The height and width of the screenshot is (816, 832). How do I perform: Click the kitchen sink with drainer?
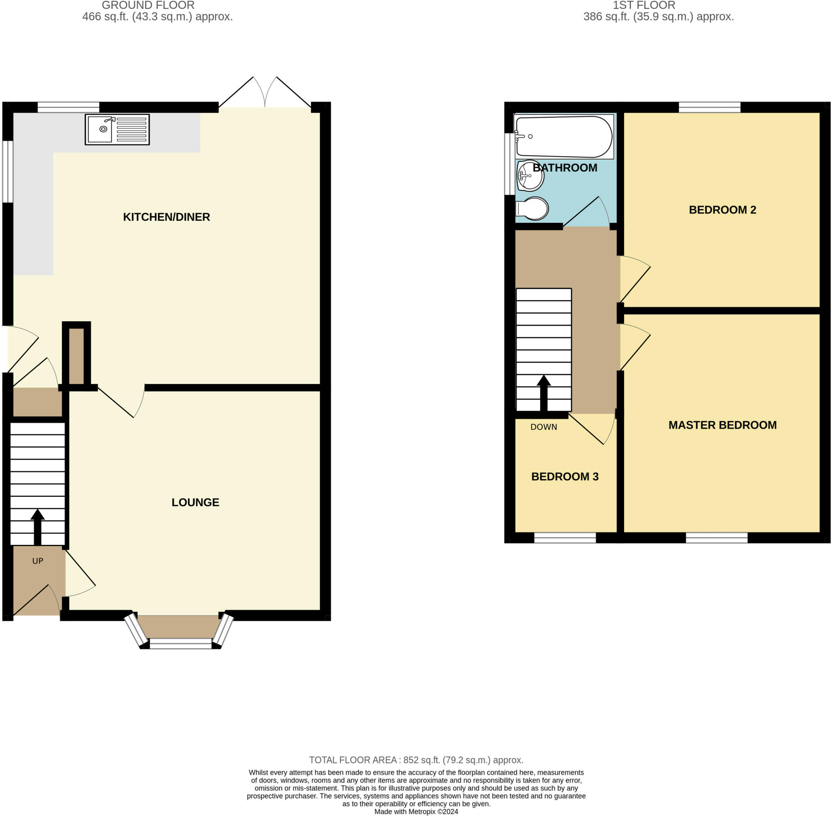[x=117, y=129]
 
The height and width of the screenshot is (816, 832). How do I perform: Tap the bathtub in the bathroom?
[x=564, y=137]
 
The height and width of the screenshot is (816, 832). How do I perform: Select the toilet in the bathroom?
[x=533, y=209]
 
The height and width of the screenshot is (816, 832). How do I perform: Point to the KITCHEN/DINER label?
[x=166, y=217]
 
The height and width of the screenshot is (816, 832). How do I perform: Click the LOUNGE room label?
[x=195, y=502]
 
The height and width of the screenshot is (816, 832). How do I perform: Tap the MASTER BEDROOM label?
[x=722, y=425]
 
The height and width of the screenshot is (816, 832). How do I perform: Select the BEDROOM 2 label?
[x=722, y=210]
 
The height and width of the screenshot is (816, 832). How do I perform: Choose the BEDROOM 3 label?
[x=564, y=477]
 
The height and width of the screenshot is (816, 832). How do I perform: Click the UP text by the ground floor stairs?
[x=38, y=561]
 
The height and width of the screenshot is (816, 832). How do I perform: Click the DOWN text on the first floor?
[x=544, y=427]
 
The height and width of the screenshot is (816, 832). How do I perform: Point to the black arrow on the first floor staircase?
[x=544, y=392]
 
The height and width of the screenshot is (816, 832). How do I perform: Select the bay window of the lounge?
[x=180, y=643]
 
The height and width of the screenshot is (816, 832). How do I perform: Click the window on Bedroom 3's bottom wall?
[x=564, y=537]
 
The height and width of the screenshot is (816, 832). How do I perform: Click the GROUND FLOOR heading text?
[x=148, y=6]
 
